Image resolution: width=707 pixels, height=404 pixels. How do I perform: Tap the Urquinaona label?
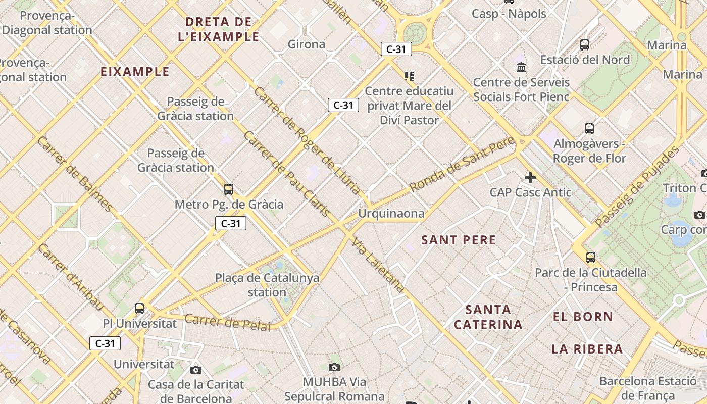click(x=391, y=214)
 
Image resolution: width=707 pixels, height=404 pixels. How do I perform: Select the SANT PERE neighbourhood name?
click(x=459, y=240)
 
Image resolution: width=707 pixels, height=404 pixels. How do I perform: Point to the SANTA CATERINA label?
click(x=488, y=317)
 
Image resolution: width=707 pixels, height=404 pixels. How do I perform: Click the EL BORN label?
click(x=583, y=317)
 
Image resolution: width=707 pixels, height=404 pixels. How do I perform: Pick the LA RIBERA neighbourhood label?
click(x=587, y=349)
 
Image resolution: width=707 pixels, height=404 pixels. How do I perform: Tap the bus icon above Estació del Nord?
click(x=585, y=45)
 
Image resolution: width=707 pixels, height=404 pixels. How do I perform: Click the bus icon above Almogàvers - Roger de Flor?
click(x=589, y=129)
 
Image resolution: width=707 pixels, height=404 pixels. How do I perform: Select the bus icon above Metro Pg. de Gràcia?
click(x=229, y=189)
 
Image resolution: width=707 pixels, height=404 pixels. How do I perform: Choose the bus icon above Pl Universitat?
click(x=139, y=308)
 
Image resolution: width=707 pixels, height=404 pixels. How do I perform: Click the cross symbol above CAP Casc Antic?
click(x=530, y=178)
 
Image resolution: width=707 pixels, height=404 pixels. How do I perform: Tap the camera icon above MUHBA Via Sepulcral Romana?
click(x=334, y=367)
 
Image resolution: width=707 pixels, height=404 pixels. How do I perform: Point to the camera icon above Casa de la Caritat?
click(x=196, y=370)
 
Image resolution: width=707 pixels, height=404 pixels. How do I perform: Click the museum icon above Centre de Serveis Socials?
click(x=521, y=67)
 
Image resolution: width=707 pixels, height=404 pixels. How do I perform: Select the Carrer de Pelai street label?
click(x=227, y=322)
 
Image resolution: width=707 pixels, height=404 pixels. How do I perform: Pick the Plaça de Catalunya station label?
click(x=267, y=285)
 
